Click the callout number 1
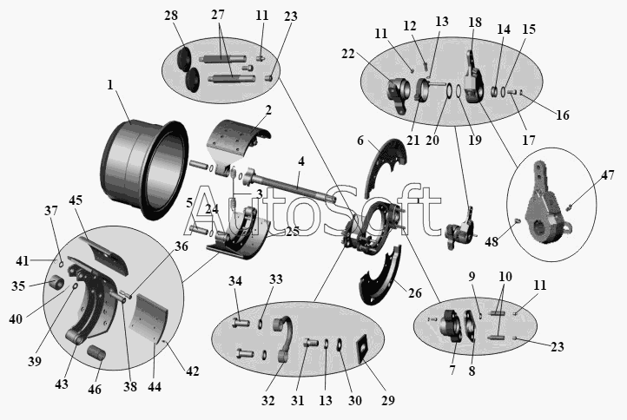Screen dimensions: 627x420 110,86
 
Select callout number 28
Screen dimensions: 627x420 170,16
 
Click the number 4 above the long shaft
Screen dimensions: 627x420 301,162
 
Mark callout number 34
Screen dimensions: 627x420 235,279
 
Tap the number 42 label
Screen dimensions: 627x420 193,371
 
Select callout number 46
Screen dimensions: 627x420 95,390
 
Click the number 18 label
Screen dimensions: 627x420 474,21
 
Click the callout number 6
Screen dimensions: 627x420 360,141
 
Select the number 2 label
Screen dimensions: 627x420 268,109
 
